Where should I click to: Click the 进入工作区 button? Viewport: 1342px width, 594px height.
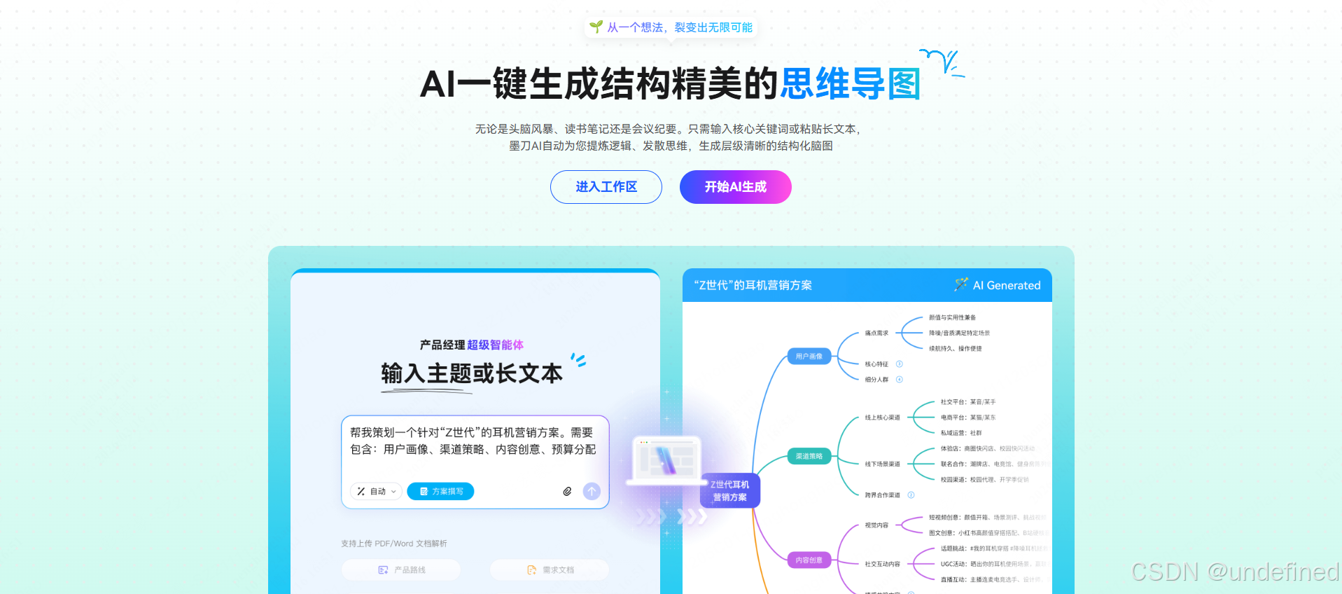(x=606, y=187)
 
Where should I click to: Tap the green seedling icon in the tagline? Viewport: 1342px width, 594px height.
(x=596, y=27)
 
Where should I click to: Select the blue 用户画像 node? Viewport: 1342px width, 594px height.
(x=809, y=357)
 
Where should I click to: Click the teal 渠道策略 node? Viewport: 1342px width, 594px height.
(x=809, y=457)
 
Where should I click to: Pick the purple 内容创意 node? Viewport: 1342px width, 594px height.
(x=809, y=560)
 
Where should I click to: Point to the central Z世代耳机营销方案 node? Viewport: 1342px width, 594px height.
(x=729, y=490)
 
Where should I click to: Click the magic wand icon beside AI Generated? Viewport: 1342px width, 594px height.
(x=960, y=284)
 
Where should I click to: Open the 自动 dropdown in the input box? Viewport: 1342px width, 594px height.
(x=377, y=492)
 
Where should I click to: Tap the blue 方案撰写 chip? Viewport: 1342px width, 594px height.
(x=440, y=492)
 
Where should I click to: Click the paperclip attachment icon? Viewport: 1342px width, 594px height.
(x=567, y=492)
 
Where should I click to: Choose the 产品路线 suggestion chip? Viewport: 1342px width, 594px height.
(x=401, y=570)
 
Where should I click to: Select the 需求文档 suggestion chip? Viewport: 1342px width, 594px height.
(x=550, y=570)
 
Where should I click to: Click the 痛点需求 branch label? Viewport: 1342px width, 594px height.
(x=876, y=333)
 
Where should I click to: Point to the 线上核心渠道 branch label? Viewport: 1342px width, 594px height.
(x=882, y=417)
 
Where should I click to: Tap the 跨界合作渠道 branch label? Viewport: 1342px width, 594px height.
(x=882, y=495)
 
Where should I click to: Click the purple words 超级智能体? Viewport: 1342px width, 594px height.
(x=495, y=345)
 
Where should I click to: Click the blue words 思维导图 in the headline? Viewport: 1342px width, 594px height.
(x=850, y=84)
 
